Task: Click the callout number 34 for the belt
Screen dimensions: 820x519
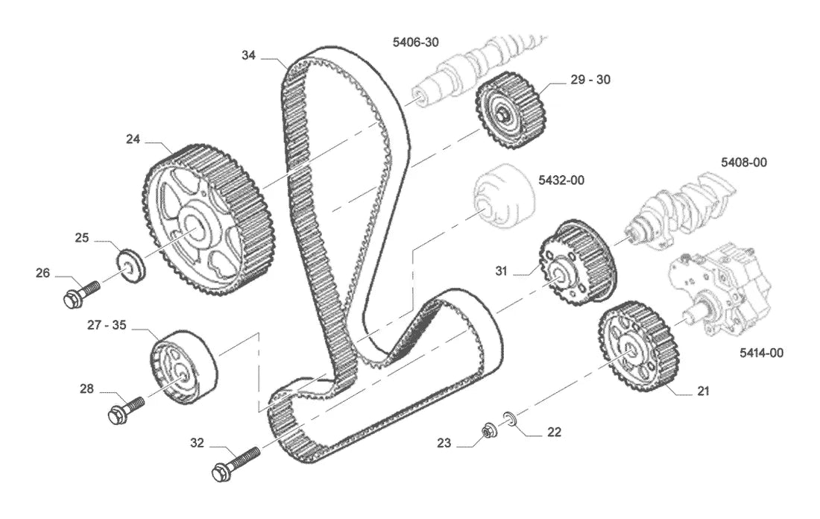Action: coord(248,55)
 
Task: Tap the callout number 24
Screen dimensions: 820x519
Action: coord(133,139)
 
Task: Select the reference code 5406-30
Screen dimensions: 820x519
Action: coord(416,42)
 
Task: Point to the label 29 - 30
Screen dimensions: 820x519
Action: coord(590,80)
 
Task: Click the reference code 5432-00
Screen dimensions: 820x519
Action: coord(561,180)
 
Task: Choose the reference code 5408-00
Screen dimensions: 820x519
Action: coord(744,163)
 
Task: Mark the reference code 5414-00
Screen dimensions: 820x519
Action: coord(761,353)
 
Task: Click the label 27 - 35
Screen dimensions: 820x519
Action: coord(107,325)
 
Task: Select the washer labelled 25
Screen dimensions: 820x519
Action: coord(130,265)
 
